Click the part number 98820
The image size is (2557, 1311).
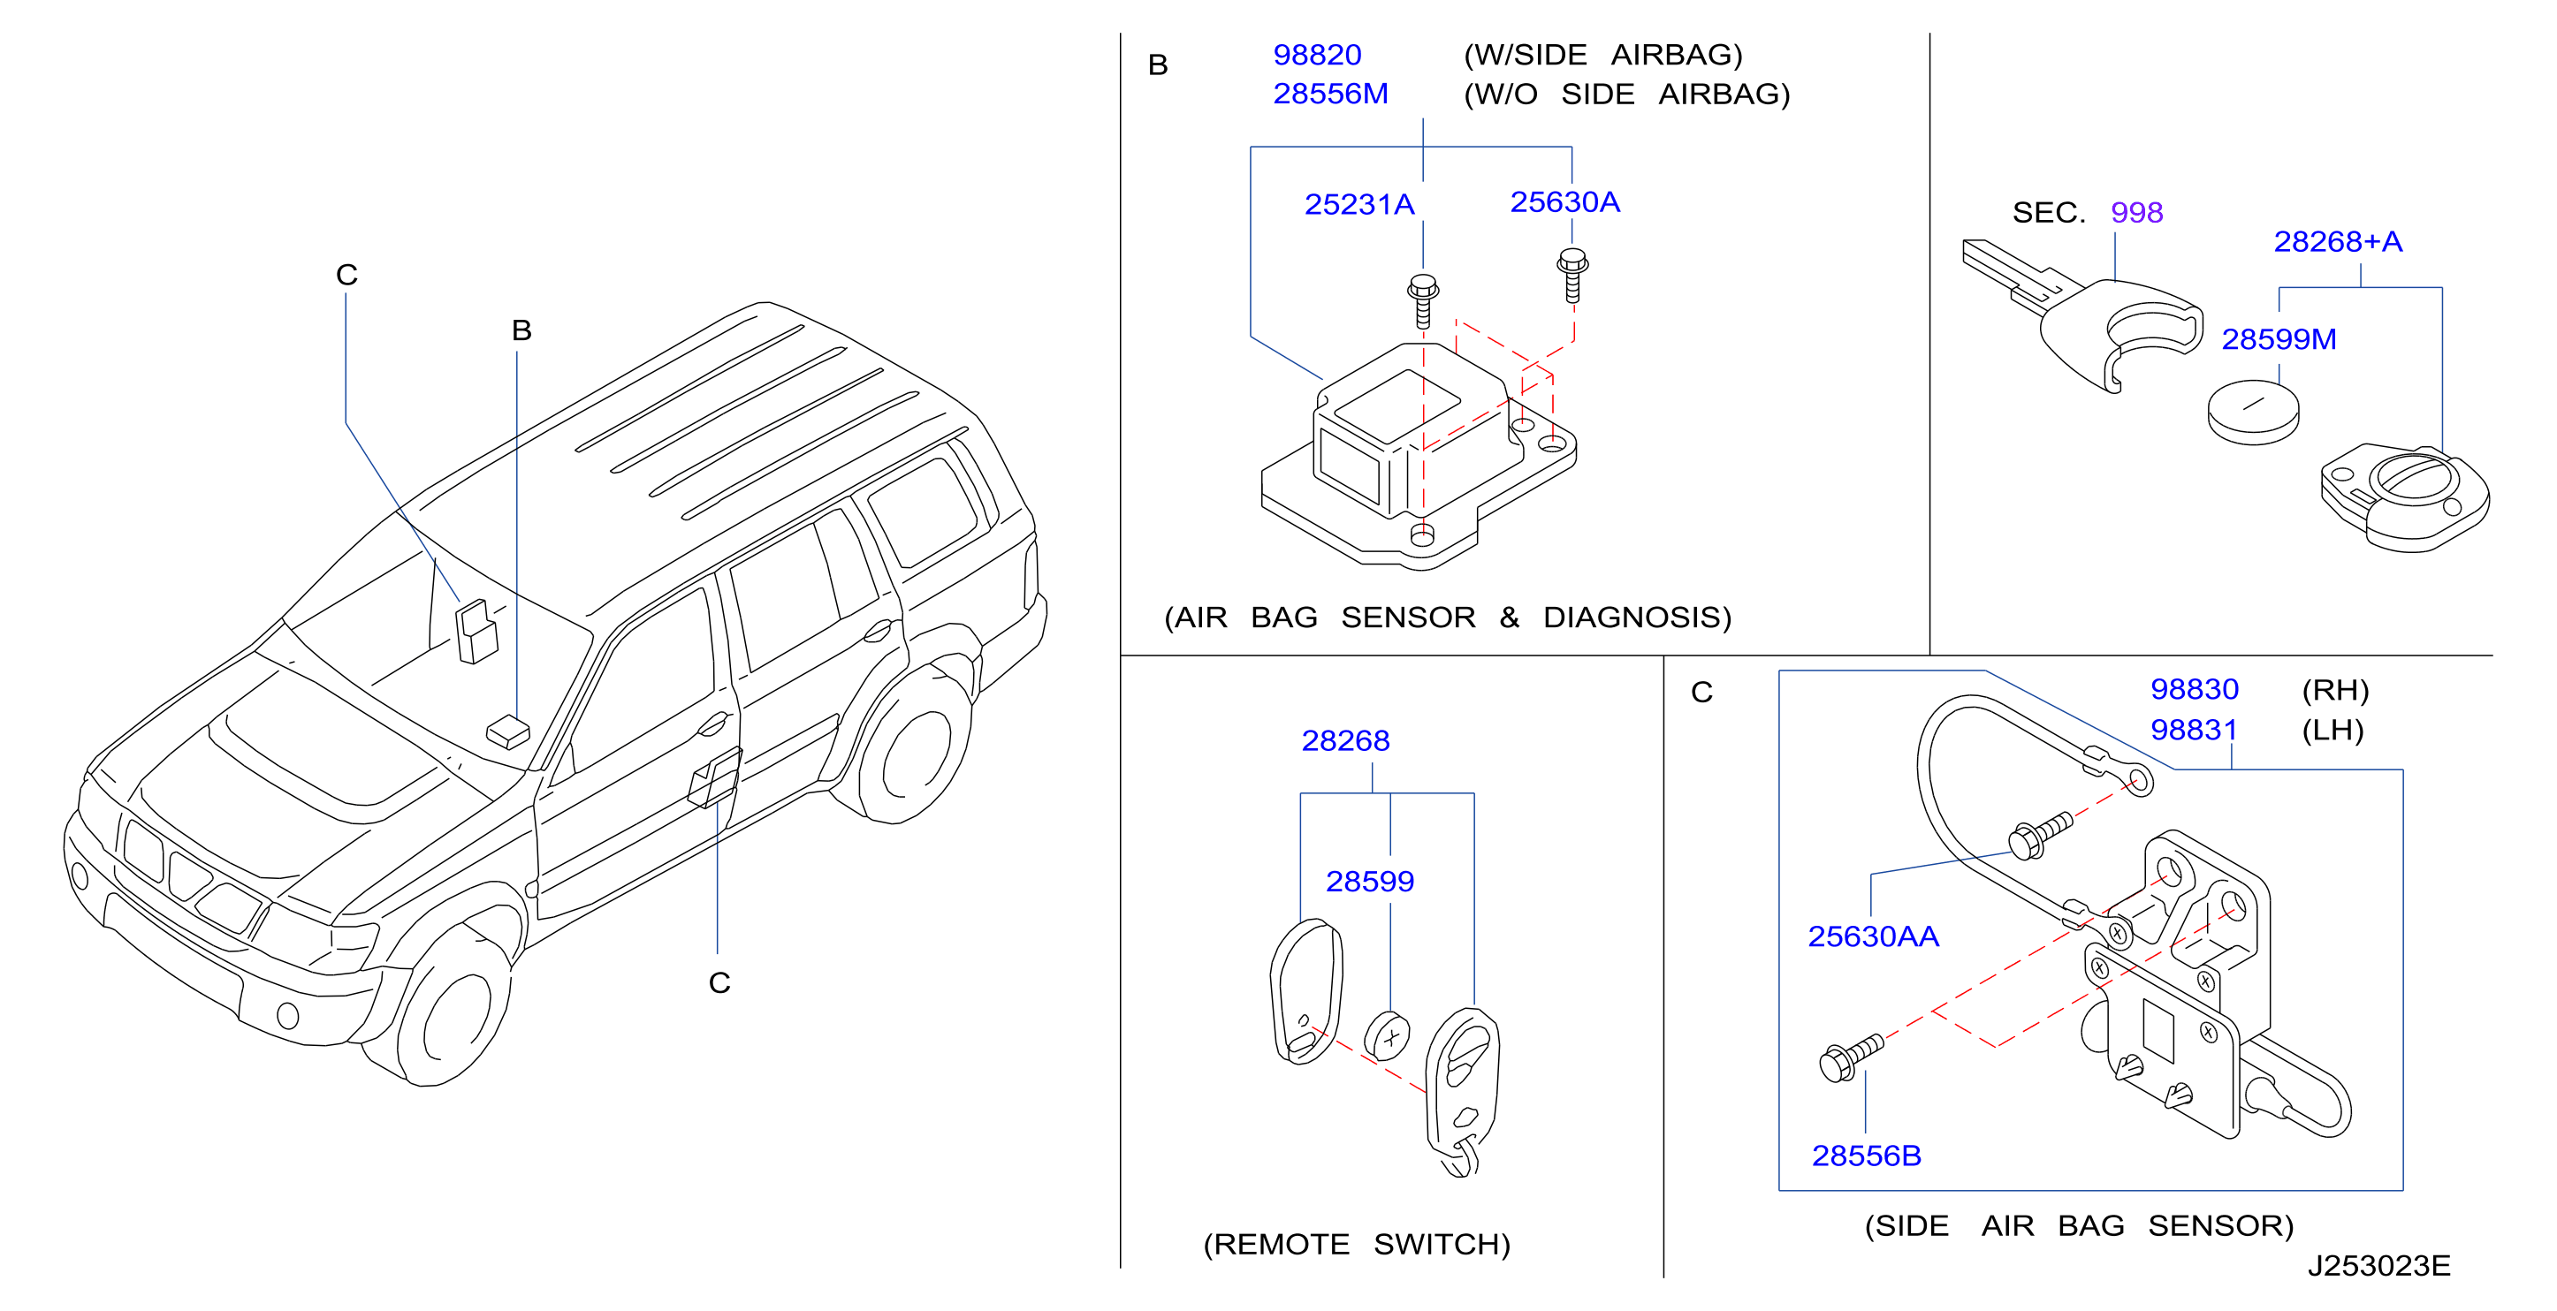(x=1317, y=55)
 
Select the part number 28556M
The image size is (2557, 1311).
(x=1330, y=94)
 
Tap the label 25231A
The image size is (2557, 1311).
(x=1358, y=204)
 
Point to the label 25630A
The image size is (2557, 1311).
(x=1565, y=202)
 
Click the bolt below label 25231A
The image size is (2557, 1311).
(x=1423, y=300)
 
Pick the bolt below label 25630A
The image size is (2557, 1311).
(x=1572, y=275)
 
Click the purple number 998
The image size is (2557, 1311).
(x=2136, y=212)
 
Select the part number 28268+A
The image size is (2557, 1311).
(x=2338, y=241)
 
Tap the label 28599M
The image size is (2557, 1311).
(x=2279, y=339)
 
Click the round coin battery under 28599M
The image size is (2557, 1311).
(x=2253, y=412)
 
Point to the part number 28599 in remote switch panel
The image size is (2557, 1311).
(x=1370, y=882)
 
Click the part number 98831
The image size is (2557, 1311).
(x=2194, y=730)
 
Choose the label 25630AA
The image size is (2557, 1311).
(x=1873, y=936)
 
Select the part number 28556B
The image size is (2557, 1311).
(x=1866, y=1156)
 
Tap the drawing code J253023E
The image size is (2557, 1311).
(x=2378, y=1266)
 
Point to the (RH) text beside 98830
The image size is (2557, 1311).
(x=2334, y=690)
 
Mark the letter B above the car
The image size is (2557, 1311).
(x=522, y=330)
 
